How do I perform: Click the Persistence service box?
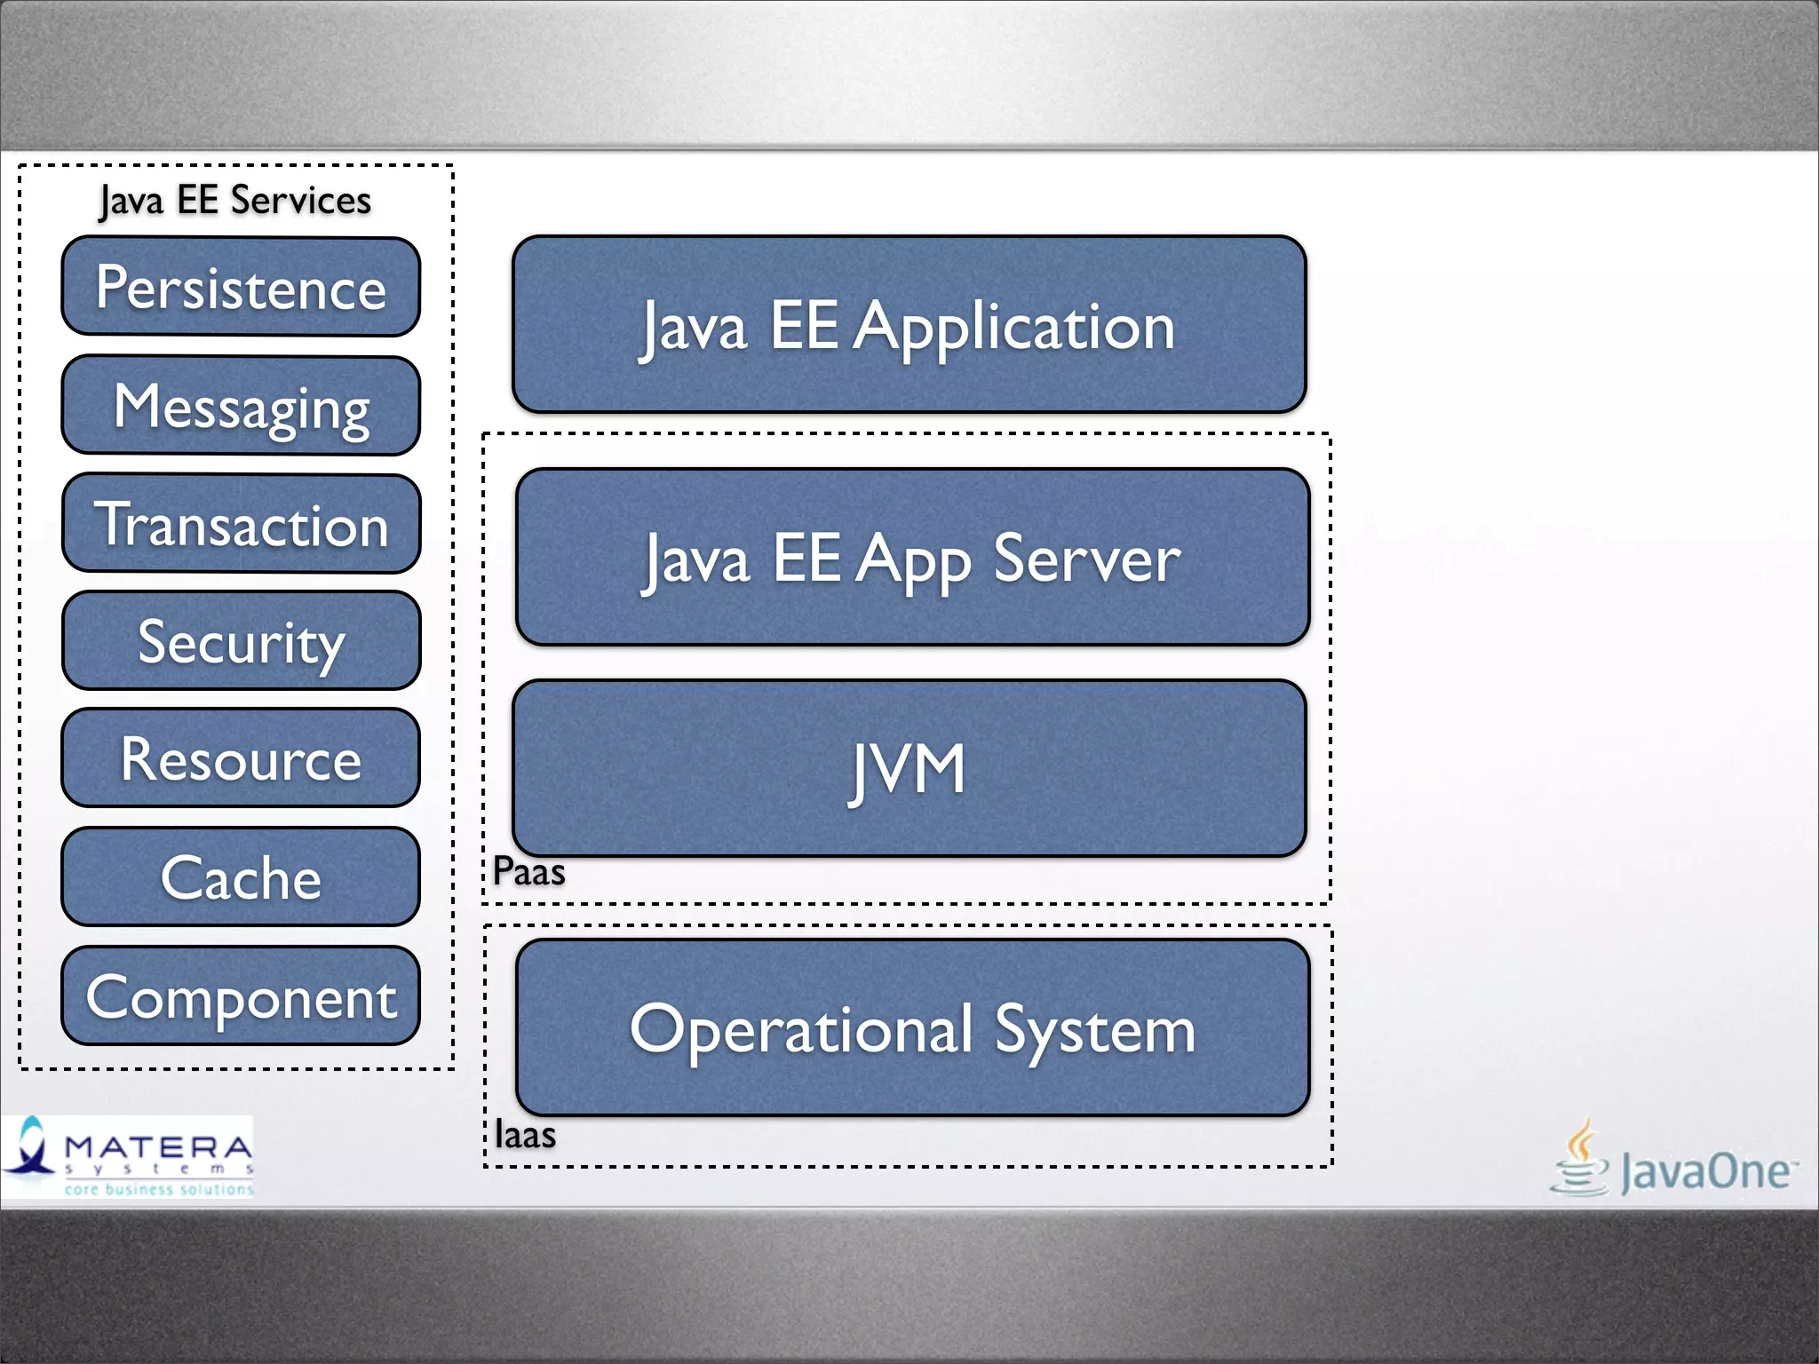(x=241, y=287)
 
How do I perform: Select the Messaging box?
(x=241, y=406)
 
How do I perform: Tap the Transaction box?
(x=241, y=524)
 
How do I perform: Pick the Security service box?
(x=241, y=641)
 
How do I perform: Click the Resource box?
(x=241, y=758)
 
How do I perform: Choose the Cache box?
(x=241, y=877)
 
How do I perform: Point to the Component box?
(x=241, y=996)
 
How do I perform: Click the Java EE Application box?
(x=909, y=325)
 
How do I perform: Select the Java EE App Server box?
(x=912, y=558)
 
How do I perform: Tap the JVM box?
(x=909, y=769)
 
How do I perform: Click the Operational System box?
(x=912, y=1028)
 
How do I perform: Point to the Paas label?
(x=529, y=872)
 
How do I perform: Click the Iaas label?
(x=525, y=1135)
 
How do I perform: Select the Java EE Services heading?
(x=235, y=201)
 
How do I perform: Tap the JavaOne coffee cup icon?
(x=1580, y=1158)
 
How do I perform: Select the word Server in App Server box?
(x=1086, y=559)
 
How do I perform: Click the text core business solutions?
(x=159, y=1189)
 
